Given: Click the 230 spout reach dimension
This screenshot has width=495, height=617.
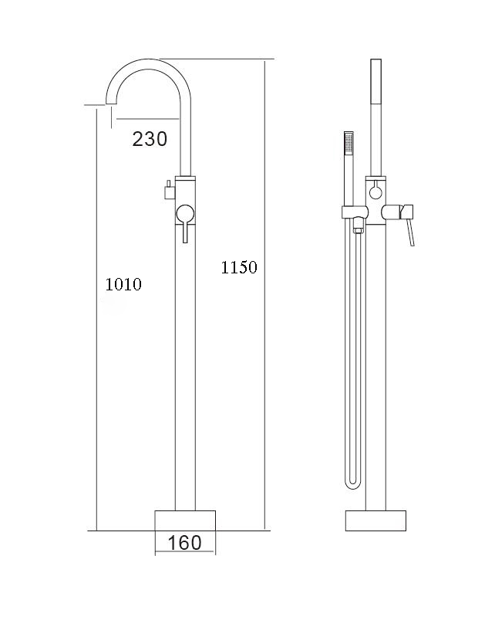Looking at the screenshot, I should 150,139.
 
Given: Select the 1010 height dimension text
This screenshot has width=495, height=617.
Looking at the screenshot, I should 123,284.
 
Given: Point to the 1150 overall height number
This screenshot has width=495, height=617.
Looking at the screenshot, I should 239,268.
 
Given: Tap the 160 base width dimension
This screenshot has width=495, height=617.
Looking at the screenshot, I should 184,543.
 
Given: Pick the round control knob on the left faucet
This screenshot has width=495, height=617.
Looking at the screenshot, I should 185,213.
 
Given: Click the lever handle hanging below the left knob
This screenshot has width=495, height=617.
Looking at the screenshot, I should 185,233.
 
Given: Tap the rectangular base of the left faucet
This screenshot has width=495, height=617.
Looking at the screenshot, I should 185,520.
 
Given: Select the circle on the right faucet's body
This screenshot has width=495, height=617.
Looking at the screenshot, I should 375,190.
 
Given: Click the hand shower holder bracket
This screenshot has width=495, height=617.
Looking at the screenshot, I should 353,212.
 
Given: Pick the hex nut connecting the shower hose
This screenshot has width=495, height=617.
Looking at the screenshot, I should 357,228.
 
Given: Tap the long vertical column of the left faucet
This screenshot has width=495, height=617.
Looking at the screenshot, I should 185,371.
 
